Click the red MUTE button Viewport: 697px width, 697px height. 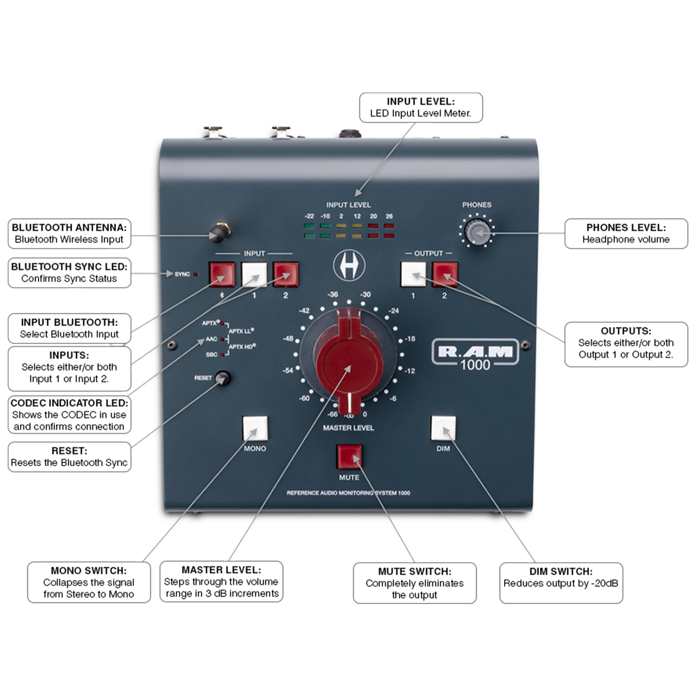(x=349, y=457)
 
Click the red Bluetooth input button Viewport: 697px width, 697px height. (x=222, y=274)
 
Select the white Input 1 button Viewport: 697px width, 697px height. (x=254, y=274)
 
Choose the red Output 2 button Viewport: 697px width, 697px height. (x=444, y=274)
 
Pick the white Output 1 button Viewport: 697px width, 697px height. (x=413, y=274)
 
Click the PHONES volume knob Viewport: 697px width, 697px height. (x=477, y=232)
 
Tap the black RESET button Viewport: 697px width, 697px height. (x=222, y=378)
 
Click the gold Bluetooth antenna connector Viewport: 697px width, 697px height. (x=219, y=233)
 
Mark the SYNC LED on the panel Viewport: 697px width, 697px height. (x=196, y=274)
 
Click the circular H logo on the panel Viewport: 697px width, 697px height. (x=349, y=265)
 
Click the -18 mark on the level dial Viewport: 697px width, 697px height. (x=410, y=339)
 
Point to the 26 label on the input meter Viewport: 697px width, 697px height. (x=389, y=216)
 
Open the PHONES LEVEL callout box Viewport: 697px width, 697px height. (x=626, y=234)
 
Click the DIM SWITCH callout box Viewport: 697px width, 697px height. (x=561, y=583)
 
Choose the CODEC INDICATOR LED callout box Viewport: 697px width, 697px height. (x=69, y=415)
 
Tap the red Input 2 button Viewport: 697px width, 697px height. (x=286, y=274)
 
